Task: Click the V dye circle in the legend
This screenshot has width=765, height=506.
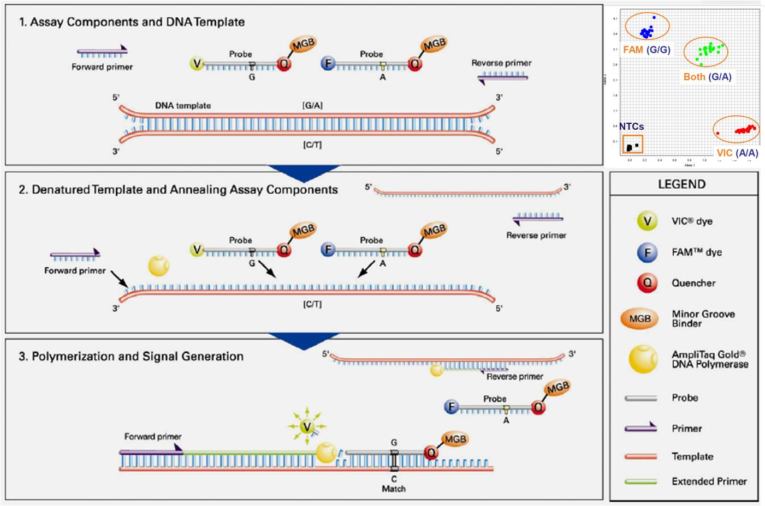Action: (x=647, y=221)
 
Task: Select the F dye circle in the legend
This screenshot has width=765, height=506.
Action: (x=647, y=252)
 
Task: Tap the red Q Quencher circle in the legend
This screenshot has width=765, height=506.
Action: (x=647, y=282)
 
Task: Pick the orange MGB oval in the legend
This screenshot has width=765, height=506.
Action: (x=639, y=318)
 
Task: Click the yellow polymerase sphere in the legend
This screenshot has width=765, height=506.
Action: (x=643, y=359)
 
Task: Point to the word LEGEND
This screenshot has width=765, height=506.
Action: (x=681, y=184)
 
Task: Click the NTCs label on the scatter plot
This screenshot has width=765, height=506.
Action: (x=631, y=126)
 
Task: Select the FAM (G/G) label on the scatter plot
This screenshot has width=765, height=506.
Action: (x=647, y=50)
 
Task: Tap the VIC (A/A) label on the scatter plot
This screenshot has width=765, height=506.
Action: (x=737, y=153)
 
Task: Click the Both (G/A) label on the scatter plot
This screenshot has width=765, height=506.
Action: (x=707, y=77)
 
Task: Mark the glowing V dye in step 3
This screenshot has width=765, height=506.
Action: (x=307, y=426)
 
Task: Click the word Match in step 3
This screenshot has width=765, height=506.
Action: (x=394, y=489)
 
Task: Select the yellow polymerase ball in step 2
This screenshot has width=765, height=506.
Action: (x=159, y=265)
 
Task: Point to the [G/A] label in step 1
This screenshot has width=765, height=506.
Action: (x=312, y=105)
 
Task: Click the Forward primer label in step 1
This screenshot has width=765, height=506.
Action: (x=102, y=67)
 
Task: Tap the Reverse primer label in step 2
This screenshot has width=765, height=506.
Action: (x=536, y=235)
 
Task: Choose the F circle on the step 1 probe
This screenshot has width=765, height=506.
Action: (x=328, y=63)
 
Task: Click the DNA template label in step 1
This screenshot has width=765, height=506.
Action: (x=182, y=105)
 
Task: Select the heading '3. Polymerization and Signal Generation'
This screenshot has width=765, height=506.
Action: (x=131, y=356)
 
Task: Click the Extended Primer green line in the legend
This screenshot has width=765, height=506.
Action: (x=641, y=481)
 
